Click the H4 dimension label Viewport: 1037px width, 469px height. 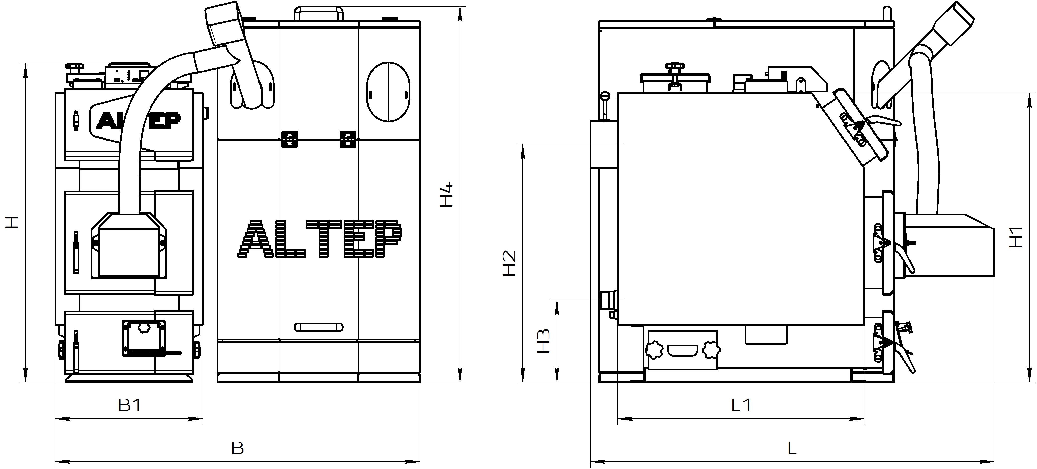(x=447, y=195)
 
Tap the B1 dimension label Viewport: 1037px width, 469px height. (x=130, y=405)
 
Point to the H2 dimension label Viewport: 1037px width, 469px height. (x=509, y=263)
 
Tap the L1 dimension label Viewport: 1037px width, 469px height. (x=741, y=405)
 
